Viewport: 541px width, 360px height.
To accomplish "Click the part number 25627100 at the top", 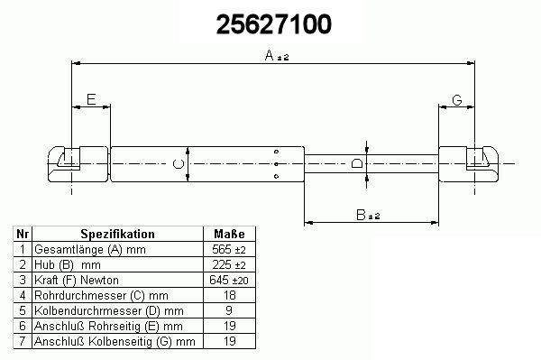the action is tap(274, 24).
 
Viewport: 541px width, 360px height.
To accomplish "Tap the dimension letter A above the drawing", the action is tap(269, 55).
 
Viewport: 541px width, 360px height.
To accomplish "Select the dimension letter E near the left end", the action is tap(91, 99).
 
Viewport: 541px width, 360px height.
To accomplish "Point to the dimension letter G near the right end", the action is tap(457, 100).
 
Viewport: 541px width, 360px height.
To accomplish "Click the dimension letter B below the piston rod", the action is tap(361, 215).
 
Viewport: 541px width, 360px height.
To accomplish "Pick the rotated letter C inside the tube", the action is tap(178, 164).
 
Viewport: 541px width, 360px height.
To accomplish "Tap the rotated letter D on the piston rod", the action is tap(357, 163).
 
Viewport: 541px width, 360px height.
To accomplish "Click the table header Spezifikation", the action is tap(117, 234).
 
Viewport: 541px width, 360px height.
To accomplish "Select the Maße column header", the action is tap(229, 234).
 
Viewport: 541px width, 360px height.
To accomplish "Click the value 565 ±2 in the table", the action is tap(229, 249).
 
